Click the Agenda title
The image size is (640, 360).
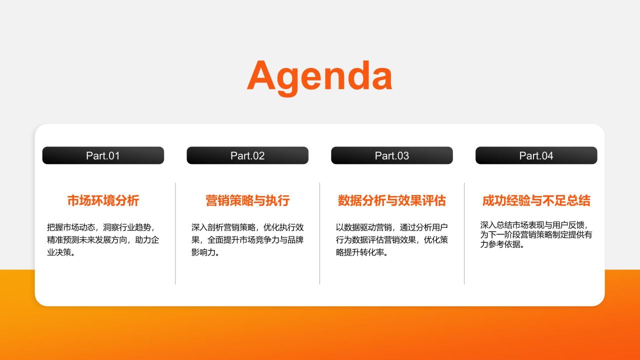click(319, 76)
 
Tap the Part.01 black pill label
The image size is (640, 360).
click(103, 155)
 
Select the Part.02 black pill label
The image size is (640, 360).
click(247, 155)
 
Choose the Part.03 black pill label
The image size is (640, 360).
click(392, 155)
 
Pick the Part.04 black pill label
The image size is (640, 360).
click(536, 155)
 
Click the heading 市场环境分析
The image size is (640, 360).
click(103, 201)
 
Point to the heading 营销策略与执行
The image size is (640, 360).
click(247, 201)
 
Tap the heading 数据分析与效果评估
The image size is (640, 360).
click(392, 201)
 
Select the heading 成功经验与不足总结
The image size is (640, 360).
click(536, 201)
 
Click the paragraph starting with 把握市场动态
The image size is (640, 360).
click(103, 239)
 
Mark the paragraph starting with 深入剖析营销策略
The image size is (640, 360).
click(247, 239)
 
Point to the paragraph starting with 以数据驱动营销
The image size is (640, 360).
click(392, 239)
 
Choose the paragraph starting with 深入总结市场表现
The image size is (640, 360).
click(536, 234)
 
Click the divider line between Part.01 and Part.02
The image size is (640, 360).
click(175, 233)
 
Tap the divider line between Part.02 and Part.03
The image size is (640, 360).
click(320, 233)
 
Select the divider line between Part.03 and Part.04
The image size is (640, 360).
click(464, 233)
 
